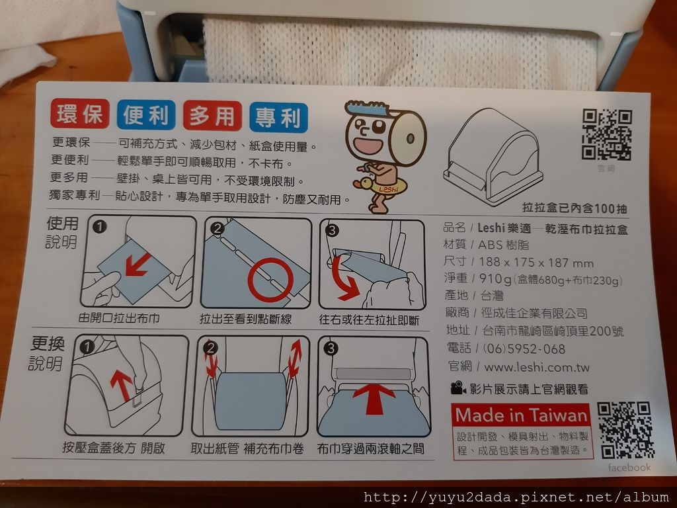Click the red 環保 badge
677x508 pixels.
tap(80, 114)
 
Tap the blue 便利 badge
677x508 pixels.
tap(146, 115)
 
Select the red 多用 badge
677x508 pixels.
tap(212, 116)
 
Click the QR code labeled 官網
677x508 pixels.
tap(607, 135)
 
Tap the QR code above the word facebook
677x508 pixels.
tap(625, 430)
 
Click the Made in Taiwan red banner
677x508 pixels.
tap(521, 415)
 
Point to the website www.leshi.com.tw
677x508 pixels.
tap(537, 368)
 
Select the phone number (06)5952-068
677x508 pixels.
tap(524, 349)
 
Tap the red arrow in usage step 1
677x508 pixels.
tap(138, 265)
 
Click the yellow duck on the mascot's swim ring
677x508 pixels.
tap(363, 184)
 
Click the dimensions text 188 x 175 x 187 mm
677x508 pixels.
tap(536, 262)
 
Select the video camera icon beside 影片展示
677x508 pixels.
tap(458, 388)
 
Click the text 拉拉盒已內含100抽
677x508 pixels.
tap(575, 208)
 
